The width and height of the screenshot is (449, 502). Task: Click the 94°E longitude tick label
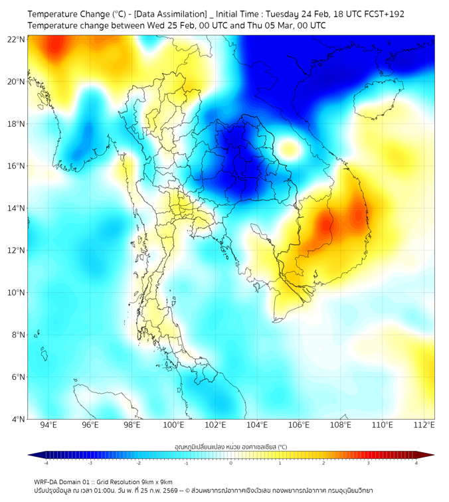(x=48, y=425)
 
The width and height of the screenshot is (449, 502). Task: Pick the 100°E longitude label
(x=174, y=425)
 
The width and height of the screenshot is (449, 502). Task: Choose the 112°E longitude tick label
(x=424, y=425)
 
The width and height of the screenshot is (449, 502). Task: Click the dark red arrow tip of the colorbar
(x=430, y=455)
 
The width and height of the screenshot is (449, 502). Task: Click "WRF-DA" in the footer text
(x=46, y=482)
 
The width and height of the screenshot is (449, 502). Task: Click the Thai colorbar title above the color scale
(x=230, y=447)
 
